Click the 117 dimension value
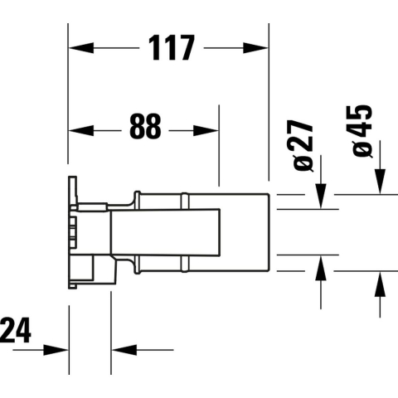(x=171, y=48)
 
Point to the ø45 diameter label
(x=363, y=130)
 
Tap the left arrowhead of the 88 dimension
(x=76, y=130)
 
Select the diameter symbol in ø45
(x=363, y=149)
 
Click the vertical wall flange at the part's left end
(x=71, y=232)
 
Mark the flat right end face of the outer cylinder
(x=268, y=233)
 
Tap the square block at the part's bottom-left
(x=100, y=269)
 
